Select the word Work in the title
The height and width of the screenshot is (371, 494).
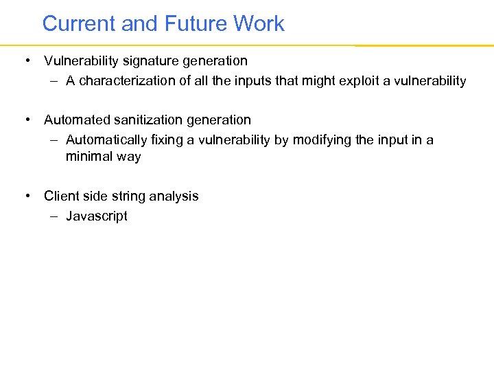259,24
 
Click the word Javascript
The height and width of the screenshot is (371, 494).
97,216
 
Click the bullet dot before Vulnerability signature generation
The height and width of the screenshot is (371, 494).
26,61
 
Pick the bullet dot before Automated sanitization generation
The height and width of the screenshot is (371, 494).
26,120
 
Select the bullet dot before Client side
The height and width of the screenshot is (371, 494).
26,196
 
